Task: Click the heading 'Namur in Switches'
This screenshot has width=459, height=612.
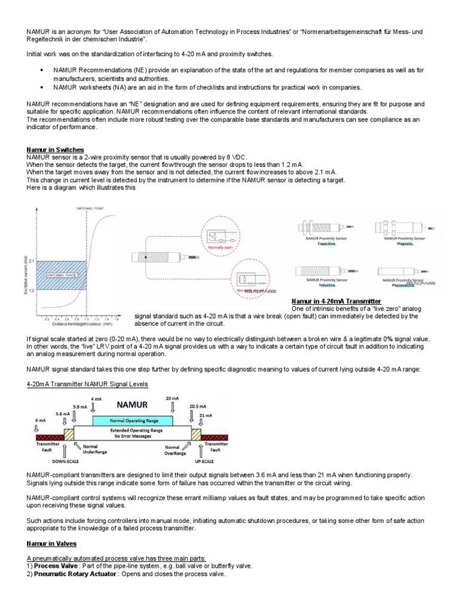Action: pyautogui.click(x=55, y=149)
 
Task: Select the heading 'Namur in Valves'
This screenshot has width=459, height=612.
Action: pyautogui.click(x=51, y=544)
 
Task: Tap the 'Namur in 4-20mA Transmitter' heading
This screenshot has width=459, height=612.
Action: pyautogui.click(x=335, y=301)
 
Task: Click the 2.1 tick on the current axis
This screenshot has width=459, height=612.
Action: pyautogui.click(x=32, y=261)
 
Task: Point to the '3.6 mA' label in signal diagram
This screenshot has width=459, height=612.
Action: pyautogui.click(x=62, y=413)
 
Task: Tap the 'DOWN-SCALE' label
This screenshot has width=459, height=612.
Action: pyautogui.click(x=62, y=462)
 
